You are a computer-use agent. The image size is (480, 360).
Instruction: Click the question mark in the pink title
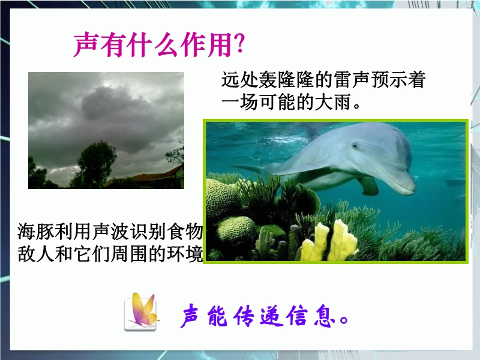[x=238, y=43]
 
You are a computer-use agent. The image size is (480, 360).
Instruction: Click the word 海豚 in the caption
[x=35, y=232]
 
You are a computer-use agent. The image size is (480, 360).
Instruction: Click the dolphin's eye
[x=355, y=145]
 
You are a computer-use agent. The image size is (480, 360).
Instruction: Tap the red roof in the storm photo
[x=156, y=176]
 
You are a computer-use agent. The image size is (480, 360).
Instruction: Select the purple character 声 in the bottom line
[x=192, y=316]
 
